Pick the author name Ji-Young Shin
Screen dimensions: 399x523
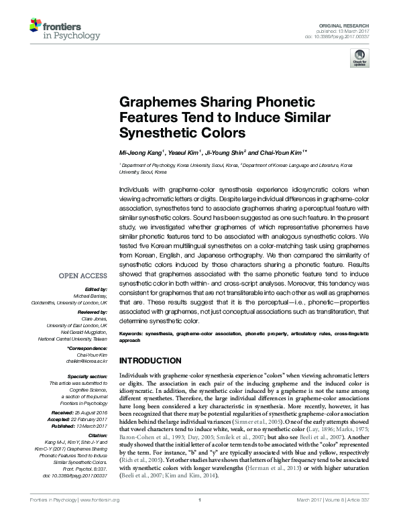point(225,153)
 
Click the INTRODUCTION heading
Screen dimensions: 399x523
point(151,359)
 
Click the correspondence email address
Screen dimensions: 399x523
point(85,361)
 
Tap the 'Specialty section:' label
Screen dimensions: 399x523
point(87,377)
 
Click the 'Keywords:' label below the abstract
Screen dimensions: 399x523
point(131,333)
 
